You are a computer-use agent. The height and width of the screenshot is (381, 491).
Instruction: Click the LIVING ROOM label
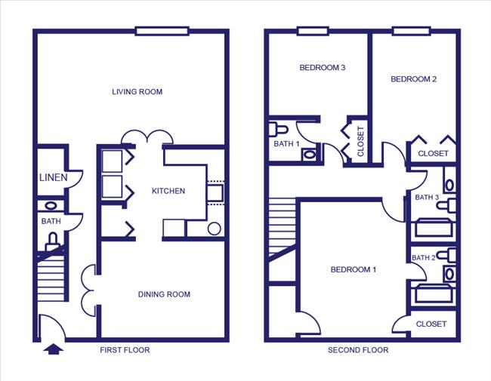pyautogui.click(x=137, y=92)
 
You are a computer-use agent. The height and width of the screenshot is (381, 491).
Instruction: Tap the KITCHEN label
pyautogui.click(x=168, y=191)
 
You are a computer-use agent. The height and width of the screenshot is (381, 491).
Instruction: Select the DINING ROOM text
pyautogui.click(x=164, y=294)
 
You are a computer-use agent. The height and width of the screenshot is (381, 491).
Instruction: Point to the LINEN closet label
pyautogui.click(x=53, y=178)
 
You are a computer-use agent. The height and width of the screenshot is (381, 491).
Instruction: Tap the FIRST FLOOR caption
pyautogui.click(x=125, y=350)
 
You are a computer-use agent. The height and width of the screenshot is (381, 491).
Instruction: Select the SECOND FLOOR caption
pyautogui.click(x=358, y=350)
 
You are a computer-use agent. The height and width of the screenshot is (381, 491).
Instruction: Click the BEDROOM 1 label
pyautogui.click(x=354, y=269)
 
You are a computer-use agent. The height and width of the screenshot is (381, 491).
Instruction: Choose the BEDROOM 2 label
pyautogui.click(x=413, y=79)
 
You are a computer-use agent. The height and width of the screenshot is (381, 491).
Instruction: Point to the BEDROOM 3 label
pyautogui.click(x=323, y=68)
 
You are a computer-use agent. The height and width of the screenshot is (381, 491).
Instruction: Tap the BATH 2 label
pyautogui.click(x=423, y=258)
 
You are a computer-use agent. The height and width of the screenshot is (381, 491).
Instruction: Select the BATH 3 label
pyautogui.click(x=427, y=198)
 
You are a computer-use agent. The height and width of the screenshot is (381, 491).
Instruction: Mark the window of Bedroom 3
pyautogui.click(x=313, y=31)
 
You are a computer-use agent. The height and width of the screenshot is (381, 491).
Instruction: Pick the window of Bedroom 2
pyautogui.click(x=410, y=31)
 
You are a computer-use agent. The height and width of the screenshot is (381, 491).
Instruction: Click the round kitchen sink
pyautogui.click(x=214, y=229)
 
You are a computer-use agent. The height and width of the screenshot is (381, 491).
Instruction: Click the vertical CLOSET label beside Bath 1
pyautogui.click(x=360, y=141)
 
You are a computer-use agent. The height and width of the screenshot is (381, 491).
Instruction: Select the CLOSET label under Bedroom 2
pyautogui.click(x=433, y=153)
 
